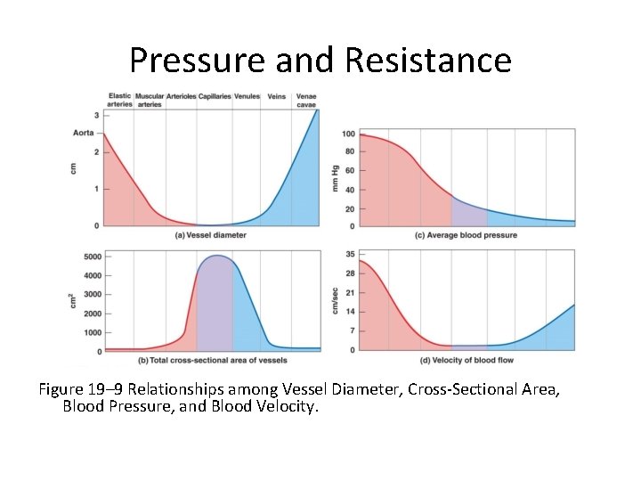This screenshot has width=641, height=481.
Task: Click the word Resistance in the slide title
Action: click(x=427, y=61)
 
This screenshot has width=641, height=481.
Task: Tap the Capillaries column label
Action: click(x=215, y=96)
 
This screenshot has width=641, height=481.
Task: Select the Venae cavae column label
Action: click(x=306, y=100)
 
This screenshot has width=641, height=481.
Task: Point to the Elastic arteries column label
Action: click(x=119, y=100)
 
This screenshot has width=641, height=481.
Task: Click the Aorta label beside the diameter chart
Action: click(x=83, y=133)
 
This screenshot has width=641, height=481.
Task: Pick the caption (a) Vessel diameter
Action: click(x=211, y=235)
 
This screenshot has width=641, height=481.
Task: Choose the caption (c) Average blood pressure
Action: click(x=466, y=235)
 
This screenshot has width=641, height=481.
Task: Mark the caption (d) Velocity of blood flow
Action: click(x=465, y=360)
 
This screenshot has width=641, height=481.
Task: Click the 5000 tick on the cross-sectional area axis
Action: click(x=92, y=257)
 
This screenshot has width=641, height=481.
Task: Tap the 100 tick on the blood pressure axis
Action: click(x=348, y=135)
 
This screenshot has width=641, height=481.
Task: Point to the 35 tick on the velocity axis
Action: click(x=350, y=254)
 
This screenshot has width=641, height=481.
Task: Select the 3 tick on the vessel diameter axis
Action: click(x=96, y=116)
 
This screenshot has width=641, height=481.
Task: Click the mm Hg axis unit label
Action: click(x=336, y=178)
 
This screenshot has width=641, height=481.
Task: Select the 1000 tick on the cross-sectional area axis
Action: click(x=92, y=332)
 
